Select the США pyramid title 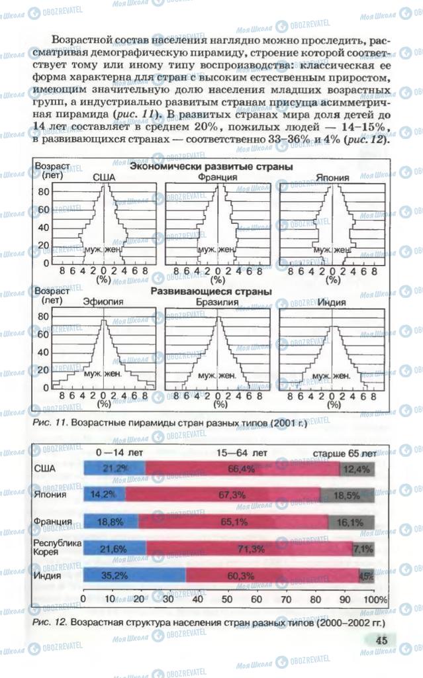point(103,177)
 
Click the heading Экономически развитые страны point(211,167)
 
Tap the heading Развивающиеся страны point(211,291)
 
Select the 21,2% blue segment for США point(115,469)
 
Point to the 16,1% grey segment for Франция point(350,522)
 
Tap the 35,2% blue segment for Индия point(134,576)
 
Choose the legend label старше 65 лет point(344,454)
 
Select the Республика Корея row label point(57,549)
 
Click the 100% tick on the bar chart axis point(376,599)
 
